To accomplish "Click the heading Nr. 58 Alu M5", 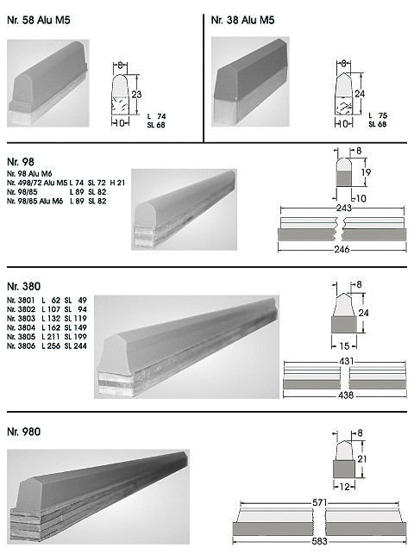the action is (x=39, y=20).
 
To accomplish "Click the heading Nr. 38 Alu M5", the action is (x=242, y=20).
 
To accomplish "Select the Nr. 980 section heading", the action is (x=23, y=432).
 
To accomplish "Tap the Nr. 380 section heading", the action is (x=23, y=286).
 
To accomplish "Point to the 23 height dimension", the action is (x=136, y=94).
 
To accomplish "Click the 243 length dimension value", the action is (x=343, y=208).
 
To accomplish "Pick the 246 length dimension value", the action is (x=342, y=249).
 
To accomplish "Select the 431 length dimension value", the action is (x=347, y=361).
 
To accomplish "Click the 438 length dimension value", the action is (x=346, y=395).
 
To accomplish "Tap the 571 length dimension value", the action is (x=320, y=502).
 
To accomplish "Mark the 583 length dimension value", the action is (x=319, y=541).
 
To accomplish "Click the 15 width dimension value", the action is (x=344, y=345).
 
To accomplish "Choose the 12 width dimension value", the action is (x=344, y=487).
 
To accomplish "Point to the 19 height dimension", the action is (x=366, y=172).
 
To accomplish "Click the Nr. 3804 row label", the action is (x=21, y=327).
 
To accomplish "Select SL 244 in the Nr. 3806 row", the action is (x=75, y=345).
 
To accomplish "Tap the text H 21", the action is (x=117, y=183).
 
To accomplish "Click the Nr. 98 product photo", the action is (x=184, y=209).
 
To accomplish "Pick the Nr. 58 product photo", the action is (x=48, y=84).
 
